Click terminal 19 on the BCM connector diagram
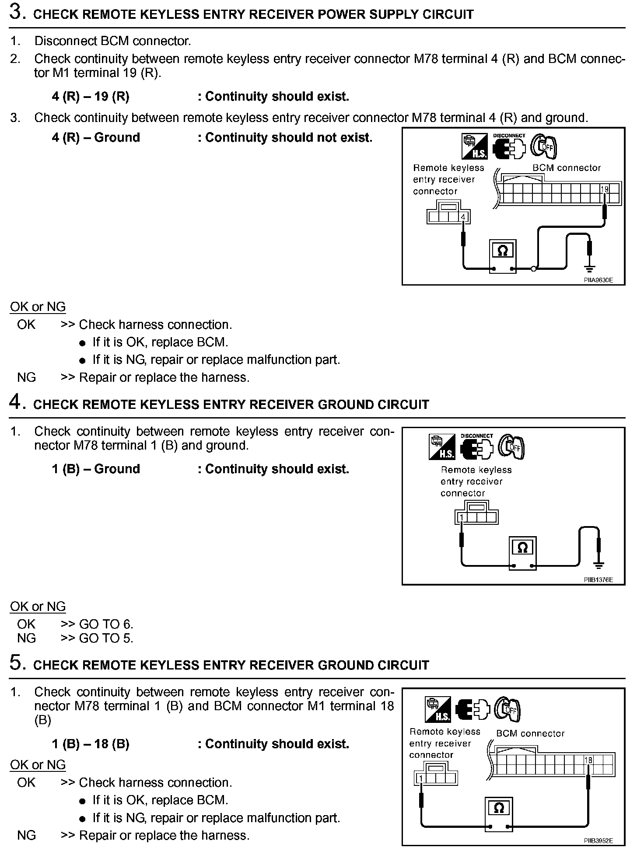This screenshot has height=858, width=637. pos(605,189)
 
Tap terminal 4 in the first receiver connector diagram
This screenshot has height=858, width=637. pos(464,216)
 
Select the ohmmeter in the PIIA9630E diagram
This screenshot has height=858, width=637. pos(503,255)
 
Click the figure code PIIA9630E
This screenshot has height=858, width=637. pos(598,280)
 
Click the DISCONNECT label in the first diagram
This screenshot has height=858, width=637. pos(509,136)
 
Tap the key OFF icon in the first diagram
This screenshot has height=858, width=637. pos(544,147)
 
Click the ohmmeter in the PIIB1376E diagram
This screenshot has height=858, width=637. pos(522,553)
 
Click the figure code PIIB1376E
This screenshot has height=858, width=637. pos(598,580)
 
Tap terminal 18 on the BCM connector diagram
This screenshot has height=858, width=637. pos(588,760)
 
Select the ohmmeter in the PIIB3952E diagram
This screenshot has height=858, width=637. pos(498,813)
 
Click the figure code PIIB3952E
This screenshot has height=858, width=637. pos(598,840)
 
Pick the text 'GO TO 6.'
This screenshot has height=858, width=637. pos(106,624)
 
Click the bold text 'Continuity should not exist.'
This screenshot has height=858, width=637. pos(289,137)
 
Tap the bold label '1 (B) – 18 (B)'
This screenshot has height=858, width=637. pos(91,744)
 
